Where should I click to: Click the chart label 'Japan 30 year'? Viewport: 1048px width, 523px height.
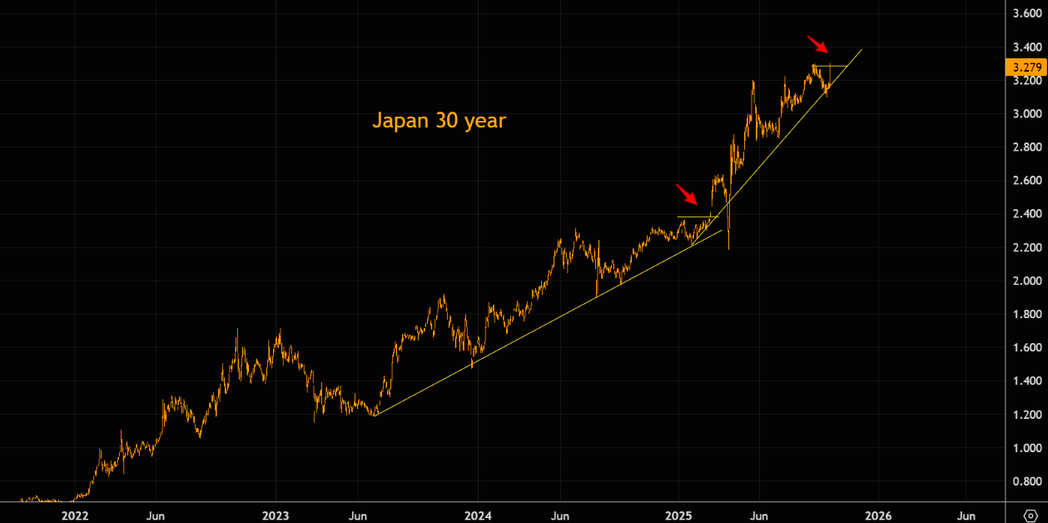[439, 121]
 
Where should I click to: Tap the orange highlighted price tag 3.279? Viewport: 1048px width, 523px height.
[1026, 67]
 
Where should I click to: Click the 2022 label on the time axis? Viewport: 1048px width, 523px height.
[74, 516]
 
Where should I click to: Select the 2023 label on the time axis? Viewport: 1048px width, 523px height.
[276, 516]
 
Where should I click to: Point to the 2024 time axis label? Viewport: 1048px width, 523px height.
[478, 516]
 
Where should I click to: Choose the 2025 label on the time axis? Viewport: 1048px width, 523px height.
[679, 516]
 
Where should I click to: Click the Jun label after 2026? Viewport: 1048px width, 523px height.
[966, 516]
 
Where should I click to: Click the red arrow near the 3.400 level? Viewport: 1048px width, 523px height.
[817, 43]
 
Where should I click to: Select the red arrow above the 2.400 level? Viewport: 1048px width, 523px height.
[687, 194]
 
